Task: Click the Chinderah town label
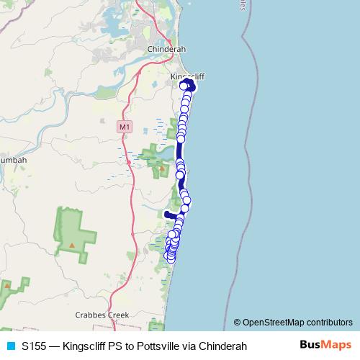(166, 49)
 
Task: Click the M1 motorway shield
(125, 127)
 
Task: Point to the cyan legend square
(10, 346)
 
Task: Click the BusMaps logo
(325, 346)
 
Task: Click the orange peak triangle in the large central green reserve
(73, 246)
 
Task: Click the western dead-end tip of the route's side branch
(166, 214)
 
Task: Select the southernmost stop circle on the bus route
(170, 256)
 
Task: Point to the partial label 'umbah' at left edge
(13, 160)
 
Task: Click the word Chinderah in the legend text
(223, 346)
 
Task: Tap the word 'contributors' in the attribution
(326, 323)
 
